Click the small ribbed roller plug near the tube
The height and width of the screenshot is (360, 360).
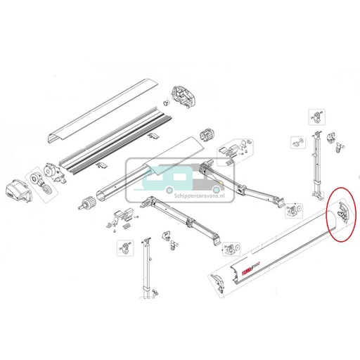(89, 202)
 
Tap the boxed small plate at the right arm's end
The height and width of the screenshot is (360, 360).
(295, 208)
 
